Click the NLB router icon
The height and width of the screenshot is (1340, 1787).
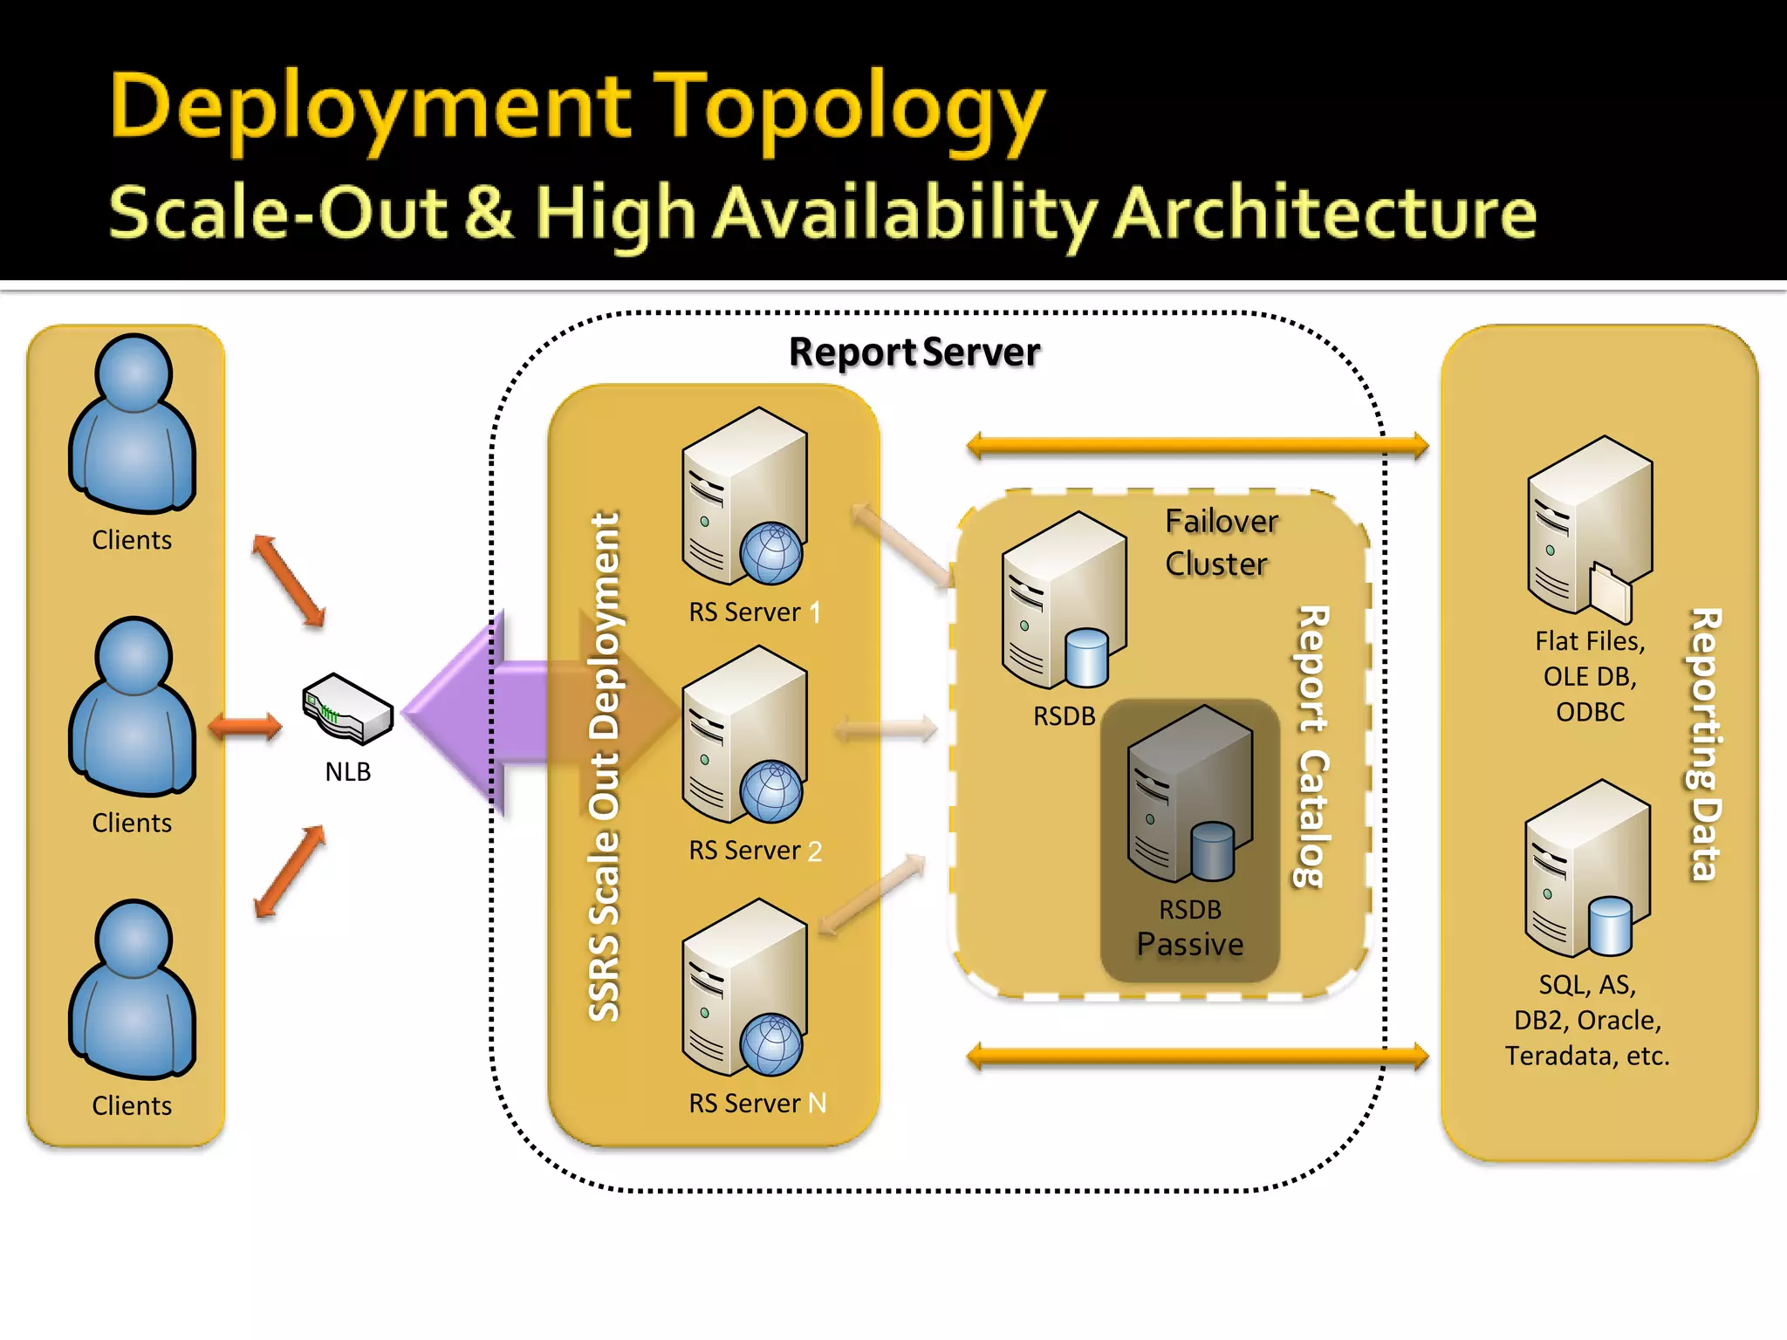pyautogui.click(x=347, y=708)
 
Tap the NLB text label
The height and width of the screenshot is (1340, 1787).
pyautogui.click(x=347, y=772)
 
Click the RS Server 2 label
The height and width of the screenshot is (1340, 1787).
pyautogui.click(x=755, y=851)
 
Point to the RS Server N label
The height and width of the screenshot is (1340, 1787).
pyautogui.click(x=757, y=1104)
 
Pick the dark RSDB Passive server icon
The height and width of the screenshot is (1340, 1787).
pyautogui.click(x=1189, y=794)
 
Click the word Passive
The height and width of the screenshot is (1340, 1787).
pyautogui.click(x=1190, y=945)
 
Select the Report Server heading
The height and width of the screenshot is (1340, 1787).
pyautogui.click(x=914, y=352)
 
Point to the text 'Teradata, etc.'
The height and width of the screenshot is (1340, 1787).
pyautogui.click(x=1587, y=1056)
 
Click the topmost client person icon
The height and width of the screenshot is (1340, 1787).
pyautogui.click(x=133, y=424)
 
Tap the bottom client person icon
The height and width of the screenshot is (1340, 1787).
pyautogui.click(x=133, y=989)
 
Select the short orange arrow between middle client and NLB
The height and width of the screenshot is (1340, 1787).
pyautogui.click(x=245, y=726)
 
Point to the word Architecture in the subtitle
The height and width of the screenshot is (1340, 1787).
pyautogui.click(x=1325, y=214)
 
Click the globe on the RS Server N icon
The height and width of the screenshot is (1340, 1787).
pyautogui.click(x=770, y=1044)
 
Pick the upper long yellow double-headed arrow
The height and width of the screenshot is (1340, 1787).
pyautogui.click(x=1197, y=447)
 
